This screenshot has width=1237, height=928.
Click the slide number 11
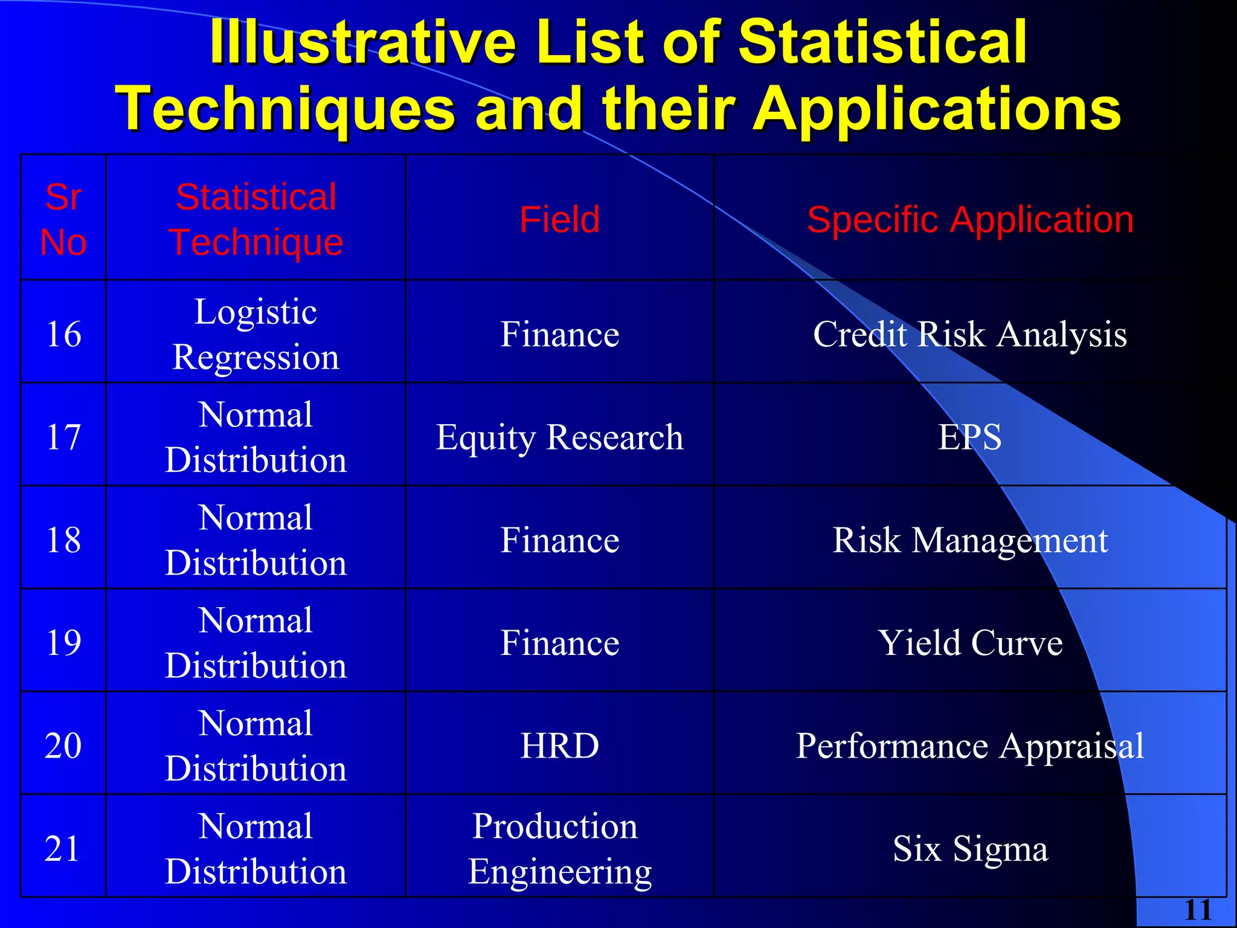pos(1198,910)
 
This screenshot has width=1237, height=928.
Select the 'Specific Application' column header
pos(970,219)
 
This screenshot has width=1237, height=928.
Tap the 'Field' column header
pos(559,219)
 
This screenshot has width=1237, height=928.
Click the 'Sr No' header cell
pos(63,219)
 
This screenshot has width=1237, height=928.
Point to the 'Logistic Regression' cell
pos(255,334)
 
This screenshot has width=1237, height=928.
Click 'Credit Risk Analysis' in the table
pos(969,334)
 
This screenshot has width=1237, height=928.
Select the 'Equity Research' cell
pos(559,437)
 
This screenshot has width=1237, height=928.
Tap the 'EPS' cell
pos(969,437)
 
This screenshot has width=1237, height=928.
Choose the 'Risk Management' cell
pos(969,540)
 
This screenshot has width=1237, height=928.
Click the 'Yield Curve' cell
pos(969,642)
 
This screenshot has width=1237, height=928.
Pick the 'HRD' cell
pos(559,746)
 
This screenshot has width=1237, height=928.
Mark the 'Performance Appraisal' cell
pos(969,746)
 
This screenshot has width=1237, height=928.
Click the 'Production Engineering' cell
pos(559,848)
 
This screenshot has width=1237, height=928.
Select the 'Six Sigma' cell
pos(969,848)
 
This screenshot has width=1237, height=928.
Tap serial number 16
pos(63,334)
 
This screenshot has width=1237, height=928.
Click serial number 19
pos(63,642)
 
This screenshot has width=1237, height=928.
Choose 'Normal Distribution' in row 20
pos(255,746)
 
